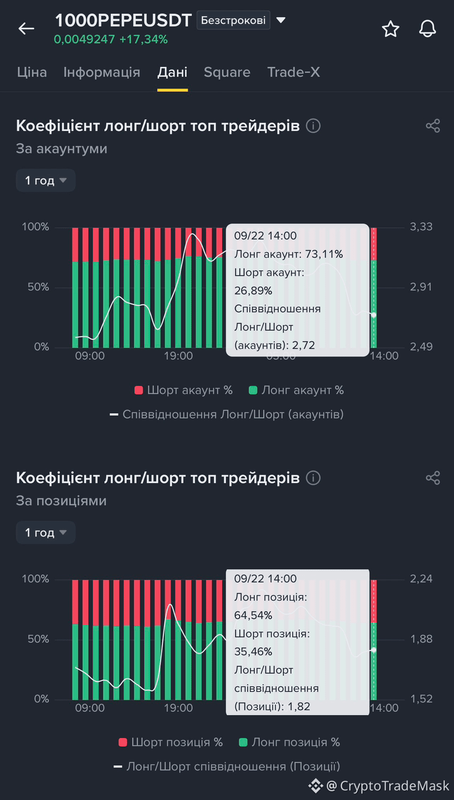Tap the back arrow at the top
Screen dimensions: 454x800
tap(26, 28)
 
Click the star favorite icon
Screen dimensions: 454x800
tap(390, 29)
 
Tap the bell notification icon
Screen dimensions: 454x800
tap(427, 29)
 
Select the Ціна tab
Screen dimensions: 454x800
tap(32, 72)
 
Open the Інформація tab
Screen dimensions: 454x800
tap(102, 72)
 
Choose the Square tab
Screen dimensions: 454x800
tap(227, 72)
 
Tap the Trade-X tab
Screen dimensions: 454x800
tap(293, 72)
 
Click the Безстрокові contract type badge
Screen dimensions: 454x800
tap(233, 20)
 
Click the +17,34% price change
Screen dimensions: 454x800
tap(144, 39)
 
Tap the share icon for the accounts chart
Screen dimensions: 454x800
tap(433, 126)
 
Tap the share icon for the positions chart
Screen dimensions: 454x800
tap(433, 478)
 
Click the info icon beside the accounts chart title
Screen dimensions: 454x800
tap(313, 126)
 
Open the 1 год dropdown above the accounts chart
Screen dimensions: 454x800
tap(46, 180)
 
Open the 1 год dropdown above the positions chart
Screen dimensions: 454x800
tap(46, 532)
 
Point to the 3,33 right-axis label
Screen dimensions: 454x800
tap(421, 227)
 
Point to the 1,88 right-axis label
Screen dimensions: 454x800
tap(421, 639)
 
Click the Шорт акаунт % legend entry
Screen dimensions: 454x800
tap(184, 390)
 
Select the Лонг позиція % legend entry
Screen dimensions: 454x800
tap(290, 742)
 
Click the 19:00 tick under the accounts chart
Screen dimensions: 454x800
tap(178, 356)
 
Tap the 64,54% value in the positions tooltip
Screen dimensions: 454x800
tap(253, 615)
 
